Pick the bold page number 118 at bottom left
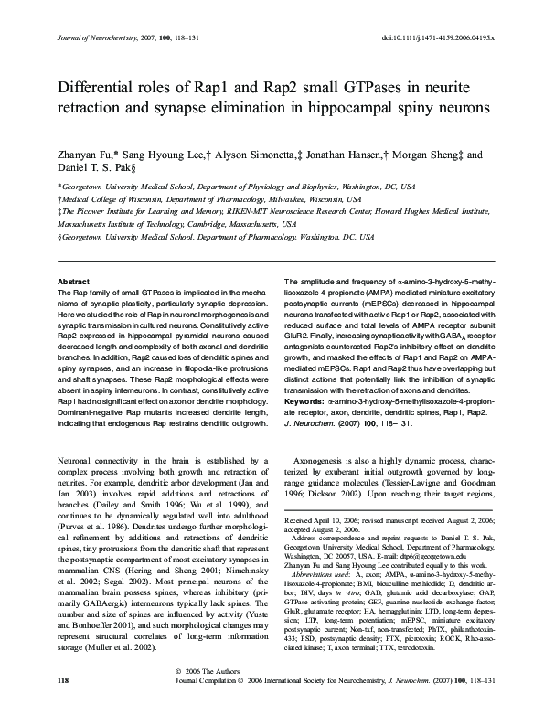[x=63, y=706]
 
